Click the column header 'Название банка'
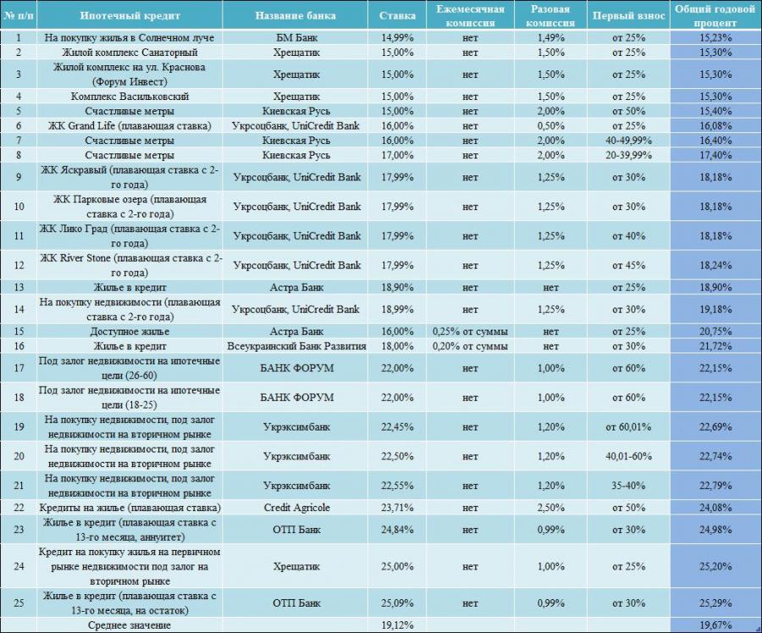click(295, 15)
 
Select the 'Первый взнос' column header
click(628, 15)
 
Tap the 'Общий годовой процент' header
click(715, 15)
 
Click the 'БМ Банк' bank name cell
click(296, 37)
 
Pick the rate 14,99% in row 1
click(397, 37)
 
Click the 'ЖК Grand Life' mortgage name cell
click(130, 125)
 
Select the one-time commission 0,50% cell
click(550, 125)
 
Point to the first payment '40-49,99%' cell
click(628, 140)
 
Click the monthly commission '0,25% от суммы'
click(470, 331)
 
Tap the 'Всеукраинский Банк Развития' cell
click(296, 346)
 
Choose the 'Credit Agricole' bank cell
click(296, 508)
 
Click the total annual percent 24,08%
click(715, 508)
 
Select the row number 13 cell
click(19, 287)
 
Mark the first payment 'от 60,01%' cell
click(628, 427)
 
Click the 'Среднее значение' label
click(130, 625)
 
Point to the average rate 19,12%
click(397, 625)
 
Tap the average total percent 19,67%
click(715, 625)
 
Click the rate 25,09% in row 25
click(397, 602)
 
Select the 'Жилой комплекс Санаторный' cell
click(130, 52)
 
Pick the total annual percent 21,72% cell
click(715, 346)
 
